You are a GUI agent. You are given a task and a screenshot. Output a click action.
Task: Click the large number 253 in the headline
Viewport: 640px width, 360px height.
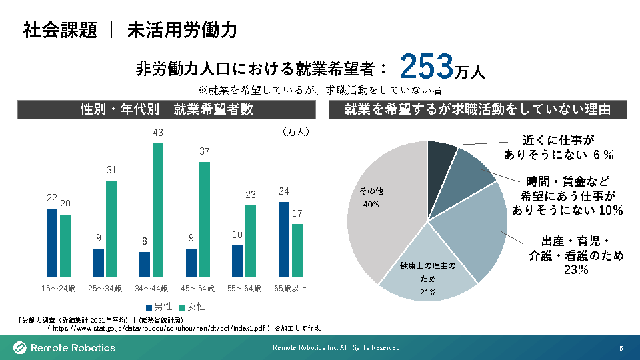click(427, 67)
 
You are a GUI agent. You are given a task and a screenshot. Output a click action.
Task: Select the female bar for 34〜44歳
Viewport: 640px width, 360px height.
click(158, 210)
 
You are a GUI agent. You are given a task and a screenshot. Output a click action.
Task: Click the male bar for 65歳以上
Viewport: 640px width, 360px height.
click(284, 239)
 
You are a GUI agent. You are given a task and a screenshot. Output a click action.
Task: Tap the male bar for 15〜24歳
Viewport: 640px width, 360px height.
click(51, 243)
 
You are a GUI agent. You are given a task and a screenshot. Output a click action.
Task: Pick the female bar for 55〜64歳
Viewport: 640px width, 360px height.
click(251, 241)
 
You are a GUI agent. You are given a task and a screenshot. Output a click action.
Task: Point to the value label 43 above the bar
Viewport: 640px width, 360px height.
click(158, 133)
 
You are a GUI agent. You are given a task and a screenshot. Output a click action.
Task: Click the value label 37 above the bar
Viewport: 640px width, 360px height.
click(205, 152)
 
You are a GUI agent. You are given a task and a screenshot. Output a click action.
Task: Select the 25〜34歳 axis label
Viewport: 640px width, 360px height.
click(105, 289)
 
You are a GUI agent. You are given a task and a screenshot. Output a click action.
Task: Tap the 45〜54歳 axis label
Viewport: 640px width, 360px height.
click(198, 289)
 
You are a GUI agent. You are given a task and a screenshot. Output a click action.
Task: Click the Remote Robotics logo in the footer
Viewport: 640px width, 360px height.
click(65, 347)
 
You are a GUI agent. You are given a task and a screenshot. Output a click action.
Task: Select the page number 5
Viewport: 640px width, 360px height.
click(621, 348)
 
